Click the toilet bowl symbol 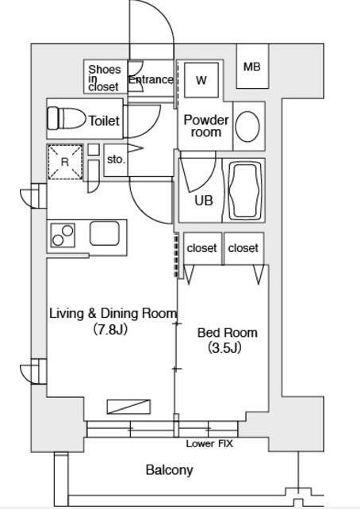[x=67, y=118]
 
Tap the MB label [x=252, y=67]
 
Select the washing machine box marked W [x=201, y=80]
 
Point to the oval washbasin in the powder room [x=247, y=127]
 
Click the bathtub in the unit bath [x=246, y=192]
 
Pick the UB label [x=204, y=201]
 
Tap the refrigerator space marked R [x=65, y=162]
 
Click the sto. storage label [x=116, y=159]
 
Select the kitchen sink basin [x=105, y=234]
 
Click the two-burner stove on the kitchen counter [x=63, y=235]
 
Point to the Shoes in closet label [x=104, y=78]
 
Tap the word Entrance [x=151, y=80]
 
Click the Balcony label [x=170, y=470]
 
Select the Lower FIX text [x=209, y=443]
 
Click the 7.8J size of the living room [x=110, y=330]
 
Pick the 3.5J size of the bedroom [x=224, y=348]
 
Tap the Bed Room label [x=228, y=333]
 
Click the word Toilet [x=104, y=121]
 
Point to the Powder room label [x=206, y=126]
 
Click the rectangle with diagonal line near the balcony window [x=128, y=407]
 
